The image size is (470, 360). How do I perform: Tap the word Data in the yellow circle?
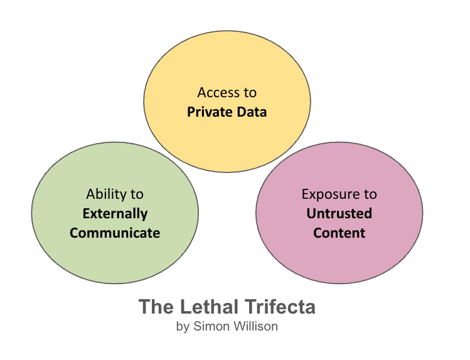coord(252,112)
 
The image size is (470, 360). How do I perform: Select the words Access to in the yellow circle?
coord(227,93)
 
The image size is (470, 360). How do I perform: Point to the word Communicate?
coord(115,233)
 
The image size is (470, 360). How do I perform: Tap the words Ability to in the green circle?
coord(115,194)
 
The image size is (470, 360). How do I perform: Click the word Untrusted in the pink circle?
coord(339,213)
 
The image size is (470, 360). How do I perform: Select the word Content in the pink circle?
coord(339,233)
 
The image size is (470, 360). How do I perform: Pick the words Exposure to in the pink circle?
coord(339,194)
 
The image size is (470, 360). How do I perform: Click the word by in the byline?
coord(183,327)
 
